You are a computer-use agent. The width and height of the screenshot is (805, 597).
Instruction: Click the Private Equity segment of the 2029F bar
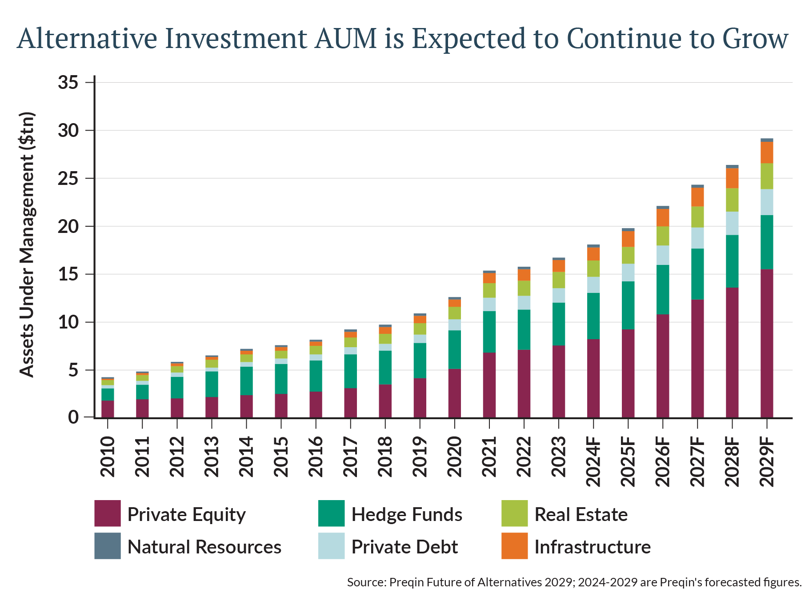click(x=766, y=343)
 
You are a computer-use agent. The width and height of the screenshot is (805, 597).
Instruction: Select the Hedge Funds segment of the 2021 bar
click(x=489, y=332)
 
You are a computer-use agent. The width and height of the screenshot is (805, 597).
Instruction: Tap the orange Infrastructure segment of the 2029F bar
click(x=766, y=152)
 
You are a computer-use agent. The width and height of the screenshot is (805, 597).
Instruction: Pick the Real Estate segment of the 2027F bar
click(x=697, y=217)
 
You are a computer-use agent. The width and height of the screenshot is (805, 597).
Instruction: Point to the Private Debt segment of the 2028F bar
click(x=732, y=223)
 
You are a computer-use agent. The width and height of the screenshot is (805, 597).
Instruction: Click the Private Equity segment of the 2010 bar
click(x=108, y=409)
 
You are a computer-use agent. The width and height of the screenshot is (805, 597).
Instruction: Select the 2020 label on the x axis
click(x=455, y=457)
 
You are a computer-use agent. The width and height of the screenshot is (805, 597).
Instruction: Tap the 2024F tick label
click(x=593, y=461)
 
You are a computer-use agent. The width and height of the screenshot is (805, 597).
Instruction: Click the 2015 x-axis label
click(x=281, y=457)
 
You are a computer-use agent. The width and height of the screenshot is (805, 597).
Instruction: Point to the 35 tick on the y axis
click(x=68, y=83)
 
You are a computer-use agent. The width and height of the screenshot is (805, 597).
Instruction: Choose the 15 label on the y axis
click(x=68, y=274)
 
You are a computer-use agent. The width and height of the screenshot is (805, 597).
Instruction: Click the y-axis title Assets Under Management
click(x=27, y=244)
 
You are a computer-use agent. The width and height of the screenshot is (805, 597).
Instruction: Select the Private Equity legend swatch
click(x=108, y=513)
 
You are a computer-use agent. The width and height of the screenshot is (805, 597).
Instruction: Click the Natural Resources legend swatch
click(x=108, y=546)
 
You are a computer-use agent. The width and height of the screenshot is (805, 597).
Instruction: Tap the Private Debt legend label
click(x=404, y=547)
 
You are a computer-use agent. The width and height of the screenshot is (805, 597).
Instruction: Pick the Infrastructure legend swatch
click(x=514, y=546)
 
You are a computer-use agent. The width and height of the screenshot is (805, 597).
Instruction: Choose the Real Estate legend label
click(x=581, y=514)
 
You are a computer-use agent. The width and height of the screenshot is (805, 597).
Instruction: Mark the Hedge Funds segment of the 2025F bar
click(x=628, y=305)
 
